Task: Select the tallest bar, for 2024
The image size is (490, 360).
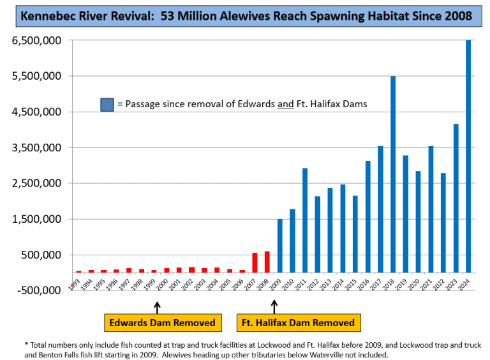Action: [x=468, y=156]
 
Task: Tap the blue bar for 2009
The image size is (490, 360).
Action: [x=279, y=246]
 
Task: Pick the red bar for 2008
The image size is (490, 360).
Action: [x=267, y=262]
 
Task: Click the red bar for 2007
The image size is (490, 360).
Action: [x=255, y=262]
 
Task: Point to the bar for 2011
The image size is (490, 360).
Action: [x=305, y=220]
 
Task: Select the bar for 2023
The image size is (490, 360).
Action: [x=456, y=198]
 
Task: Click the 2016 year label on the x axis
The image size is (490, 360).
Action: [x=367, y=282]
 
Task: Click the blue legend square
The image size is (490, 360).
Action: [x=107, y=104]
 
